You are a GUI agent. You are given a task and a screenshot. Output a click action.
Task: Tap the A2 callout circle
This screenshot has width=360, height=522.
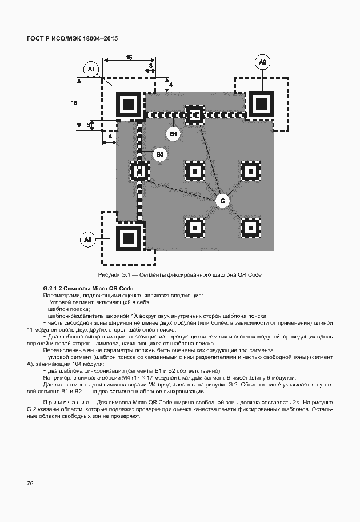[262, 62]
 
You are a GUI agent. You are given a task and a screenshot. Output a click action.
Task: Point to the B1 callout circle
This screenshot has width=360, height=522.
[173, 134]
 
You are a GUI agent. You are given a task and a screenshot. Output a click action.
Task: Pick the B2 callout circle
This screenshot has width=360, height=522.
[160, 154]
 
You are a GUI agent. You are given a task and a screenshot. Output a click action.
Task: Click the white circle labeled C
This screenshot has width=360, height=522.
[223, 200]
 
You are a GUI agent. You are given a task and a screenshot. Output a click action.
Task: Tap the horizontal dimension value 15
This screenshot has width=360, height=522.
[129, 58]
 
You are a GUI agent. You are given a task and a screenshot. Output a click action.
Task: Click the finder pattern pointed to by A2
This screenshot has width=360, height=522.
[261, 105]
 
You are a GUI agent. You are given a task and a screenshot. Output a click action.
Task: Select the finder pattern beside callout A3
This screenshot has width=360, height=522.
[128, 237]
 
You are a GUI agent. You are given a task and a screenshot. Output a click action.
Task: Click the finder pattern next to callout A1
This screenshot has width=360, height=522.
[128, 105]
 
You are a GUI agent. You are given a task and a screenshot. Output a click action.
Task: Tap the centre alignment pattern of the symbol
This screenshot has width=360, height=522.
[195, 171]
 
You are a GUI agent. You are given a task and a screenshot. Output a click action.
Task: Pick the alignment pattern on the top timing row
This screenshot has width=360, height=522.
[195, 114]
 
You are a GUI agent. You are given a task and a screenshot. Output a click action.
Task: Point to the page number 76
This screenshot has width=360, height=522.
[31, 484]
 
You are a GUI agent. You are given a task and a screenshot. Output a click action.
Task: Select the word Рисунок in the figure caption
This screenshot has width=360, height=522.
[111, 275]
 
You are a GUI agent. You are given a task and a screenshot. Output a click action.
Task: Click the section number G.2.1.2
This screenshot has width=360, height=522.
[56, 288]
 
